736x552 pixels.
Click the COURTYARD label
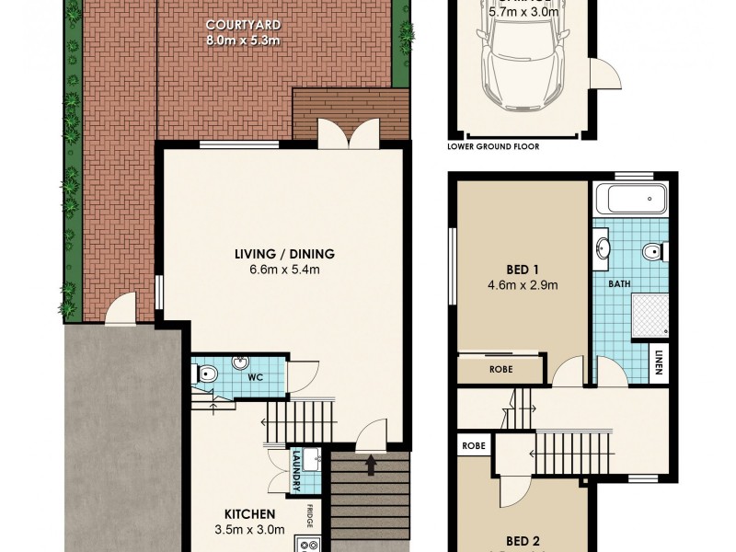click(x=244, y=24)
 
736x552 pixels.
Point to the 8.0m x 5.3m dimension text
click(x=244, y=40)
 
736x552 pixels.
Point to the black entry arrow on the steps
click(x=370, y=466)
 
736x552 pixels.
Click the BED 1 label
click(x=521, y=270)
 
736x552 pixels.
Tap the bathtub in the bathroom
click(x=631, y=198)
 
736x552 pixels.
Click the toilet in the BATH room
click(x=656, y=250)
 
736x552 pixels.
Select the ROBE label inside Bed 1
click(x=501, y=369)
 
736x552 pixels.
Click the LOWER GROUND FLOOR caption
click(x=493, y=146)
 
